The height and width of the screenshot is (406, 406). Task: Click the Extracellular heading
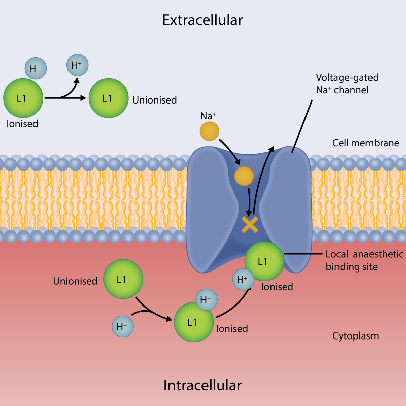202,20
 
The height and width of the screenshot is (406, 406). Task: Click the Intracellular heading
202,385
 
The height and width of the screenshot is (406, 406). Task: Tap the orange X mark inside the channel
250,224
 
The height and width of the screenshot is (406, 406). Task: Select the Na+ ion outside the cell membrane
209,130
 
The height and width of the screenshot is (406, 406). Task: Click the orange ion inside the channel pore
244,177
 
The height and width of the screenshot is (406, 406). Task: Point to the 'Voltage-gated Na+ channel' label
341,84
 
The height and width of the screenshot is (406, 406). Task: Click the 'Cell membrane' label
365,143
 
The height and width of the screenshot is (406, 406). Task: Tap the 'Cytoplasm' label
355,336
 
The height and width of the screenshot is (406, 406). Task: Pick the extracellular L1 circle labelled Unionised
108,98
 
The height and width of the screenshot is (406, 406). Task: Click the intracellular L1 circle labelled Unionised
122,279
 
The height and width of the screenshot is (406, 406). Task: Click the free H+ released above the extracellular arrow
77,65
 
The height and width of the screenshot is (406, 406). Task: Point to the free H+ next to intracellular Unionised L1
122,327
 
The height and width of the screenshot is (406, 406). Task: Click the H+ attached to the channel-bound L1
243,280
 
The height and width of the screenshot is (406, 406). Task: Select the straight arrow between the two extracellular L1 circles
66,98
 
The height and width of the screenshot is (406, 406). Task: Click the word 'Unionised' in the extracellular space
154,100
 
